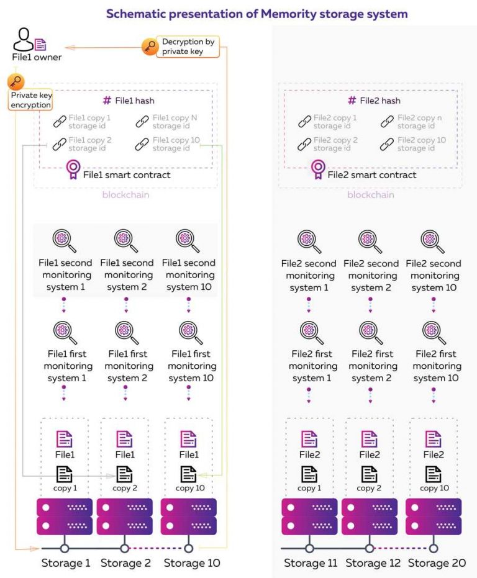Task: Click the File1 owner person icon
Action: (x=23, y=40)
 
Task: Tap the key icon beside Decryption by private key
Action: (x=150, y=47)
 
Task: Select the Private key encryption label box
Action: (x=30, y=100)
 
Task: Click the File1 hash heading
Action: (x=129, y=101)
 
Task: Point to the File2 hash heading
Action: (x=374, y=101)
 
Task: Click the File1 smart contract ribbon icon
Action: (x=73, y=169)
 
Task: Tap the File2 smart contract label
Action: (x=372, y=175)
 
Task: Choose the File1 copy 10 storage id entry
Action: (x=168, y=144)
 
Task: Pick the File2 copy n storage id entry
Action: (x=411, y=122)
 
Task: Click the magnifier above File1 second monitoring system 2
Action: (x=126, y=241)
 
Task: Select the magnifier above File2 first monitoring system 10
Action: (x=434, y=333)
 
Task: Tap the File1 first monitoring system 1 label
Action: (x=68, y=366)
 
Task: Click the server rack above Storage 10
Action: (x=189, y=517)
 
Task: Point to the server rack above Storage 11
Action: (x=309, y=517)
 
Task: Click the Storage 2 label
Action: (x=125, y=563)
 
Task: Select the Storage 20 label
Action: (x=437, y=563)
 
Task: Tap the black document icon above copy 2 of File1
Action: (x=124, y=474)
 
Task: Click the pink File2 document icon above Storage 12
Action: (x=369, y=439)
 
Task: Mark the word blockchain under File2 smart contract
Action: (x=371, y=195)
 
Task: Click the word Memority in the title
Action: (x=289, y=14)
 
